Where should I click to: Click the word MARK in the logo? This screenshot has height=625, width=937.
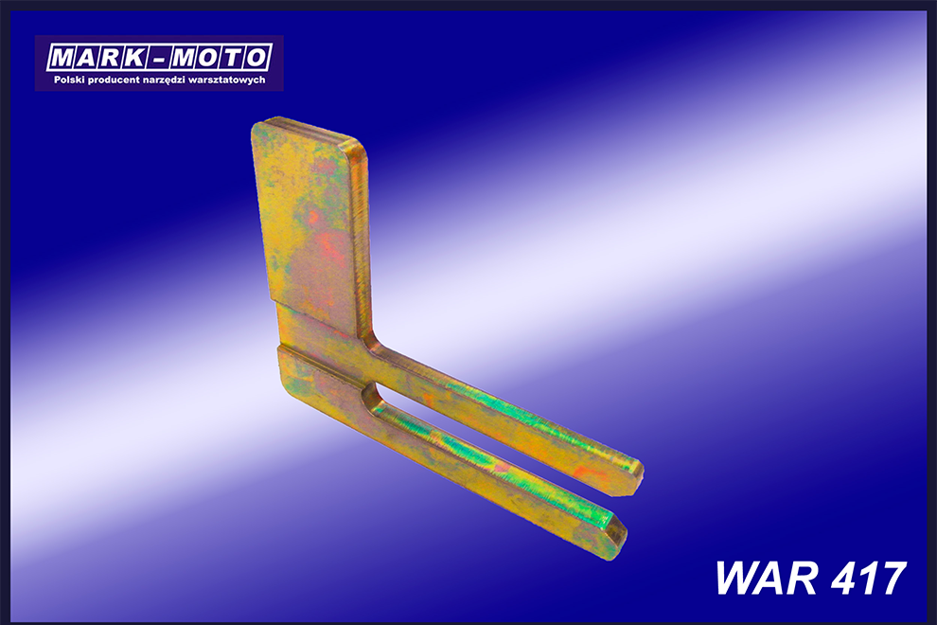[97, 58]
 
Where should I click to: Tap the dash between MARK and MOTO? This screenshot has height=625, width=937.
[157, 60]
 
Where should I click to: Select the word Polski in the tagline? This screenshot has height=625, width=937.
[69, 80]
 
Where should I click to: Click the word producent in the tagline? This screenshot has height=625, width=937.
[114, 80]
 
